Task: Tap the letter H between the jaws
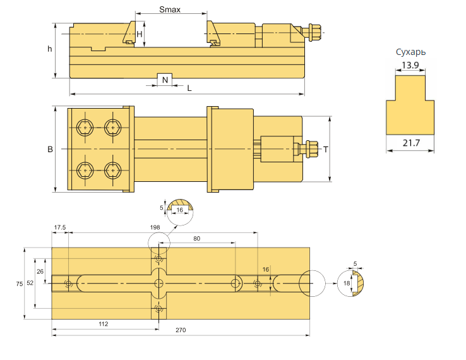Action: click(x=140, y=33)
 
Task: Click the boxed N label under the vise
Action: click(x=164, y=80)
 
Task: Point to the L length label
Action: click(x=189, y=88)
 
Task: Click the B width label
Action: click(x=50, y=150)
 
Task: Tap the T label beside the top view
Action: click(x=325, y=150)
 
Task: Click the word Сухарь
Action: click(x=410, y=52)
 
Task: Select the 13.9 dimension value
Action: click(x=410, y=66)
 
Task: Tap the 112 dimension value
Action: click(x=104, y=323)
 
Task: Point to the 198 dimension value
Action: click(x=155, y=227)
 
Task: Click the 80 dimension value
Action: click(x=196, y=238)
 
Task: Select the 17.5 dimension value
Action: click(x=60, y=227)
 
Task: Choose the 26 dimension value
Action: click(x=40, y=271)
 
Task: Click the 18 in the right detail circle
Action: click(x=346, y=284)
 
